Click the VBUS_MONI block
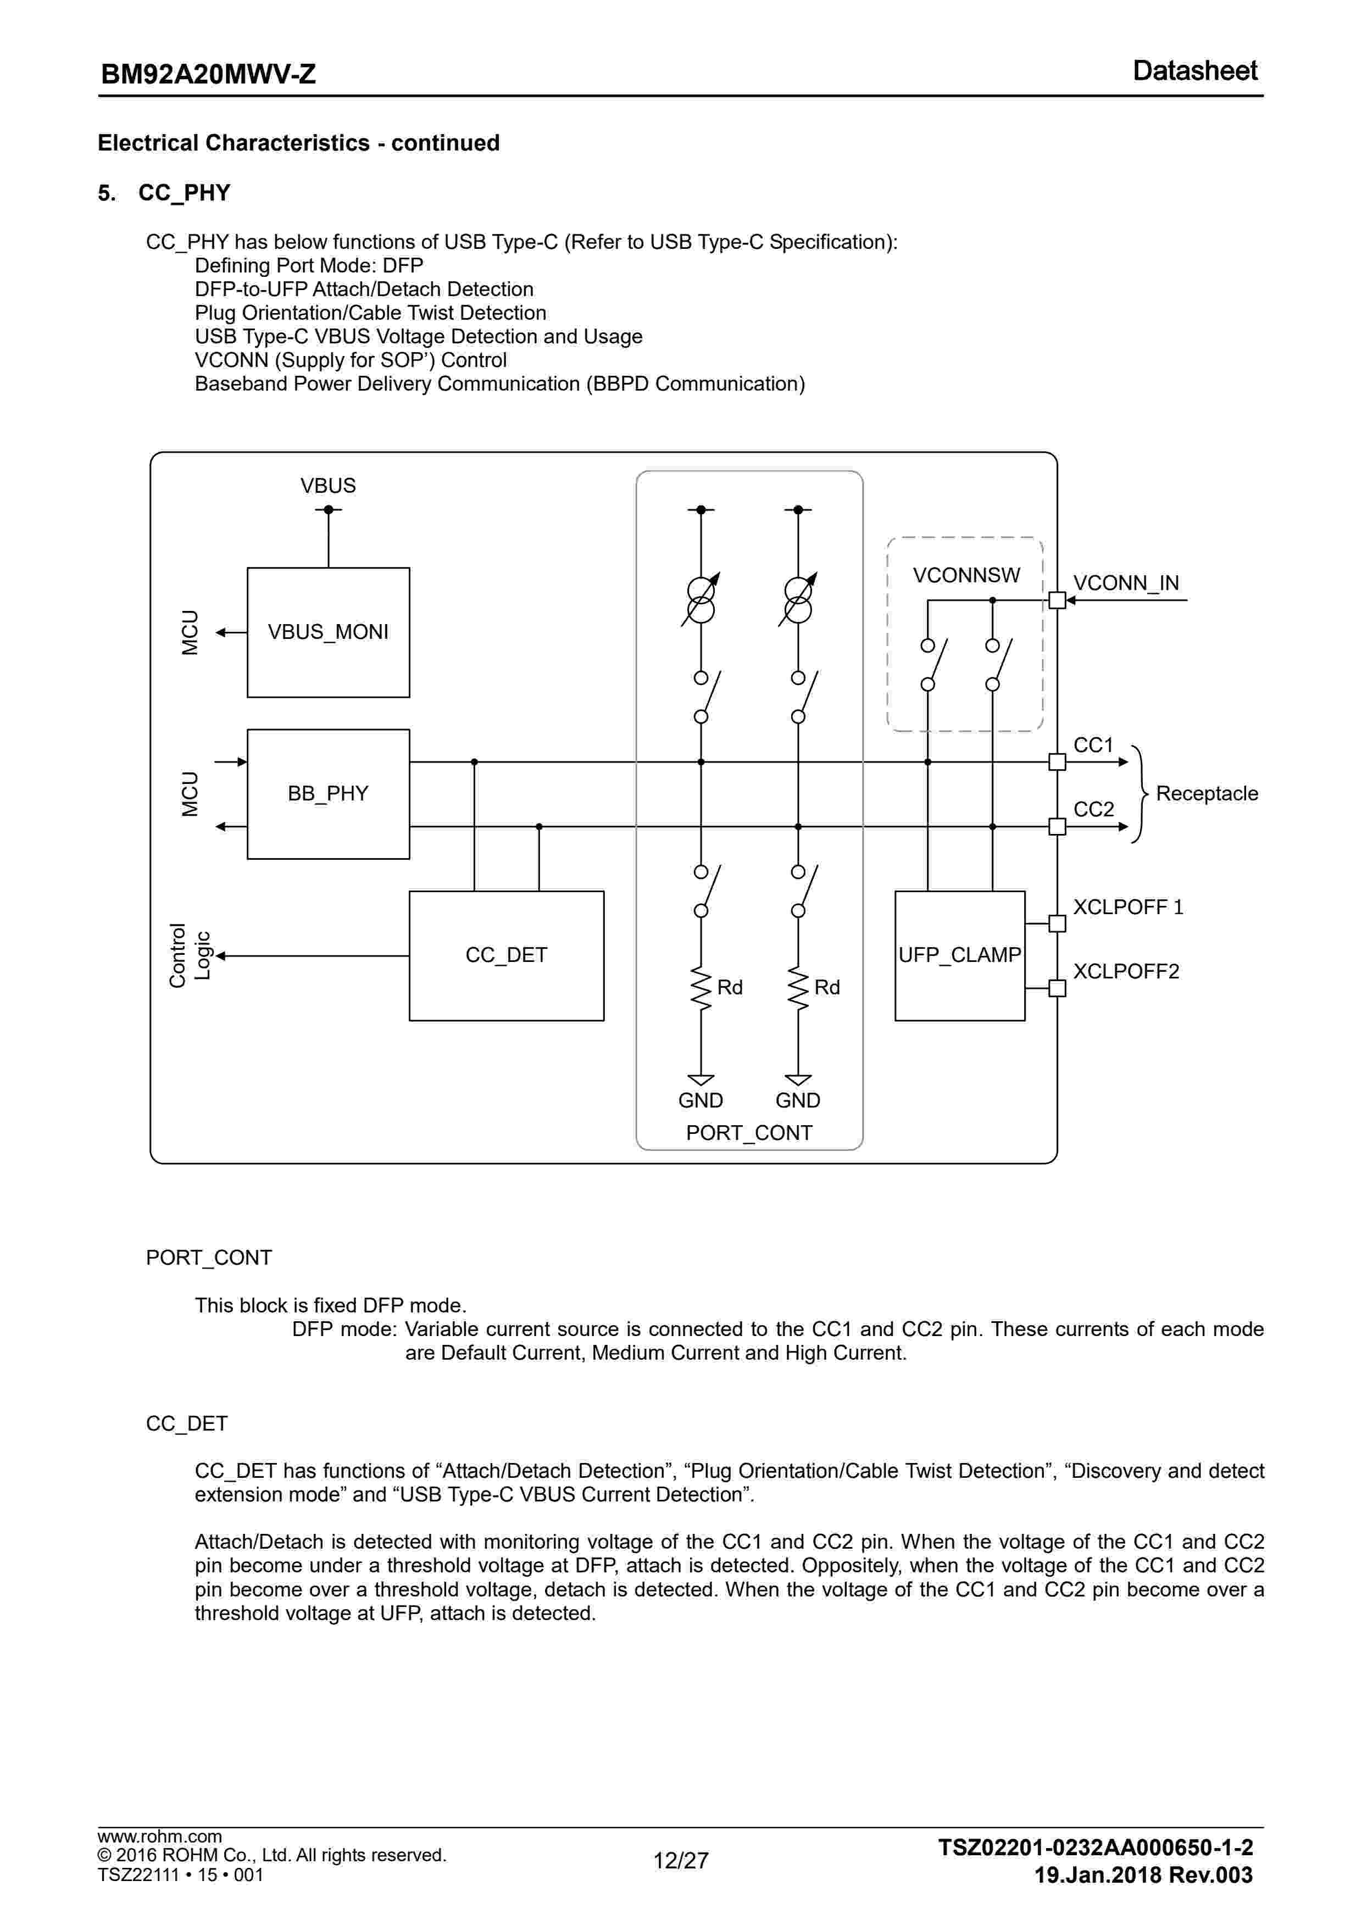coord(328,632)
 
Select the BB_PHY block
coord(328,793)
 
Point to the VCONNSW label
coord(966,575)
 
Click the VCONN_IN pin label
coord(1126,583)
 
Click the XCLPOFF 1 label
coord(1128,907)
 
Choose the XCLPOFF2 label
coord(1126,971)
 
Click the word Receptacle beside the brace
coord(1206,793)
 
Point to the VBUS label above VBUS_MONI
coord(328,486)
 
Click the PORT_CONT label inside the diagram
coord(749,1133)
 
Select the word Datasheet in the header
coord(1194,71)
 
